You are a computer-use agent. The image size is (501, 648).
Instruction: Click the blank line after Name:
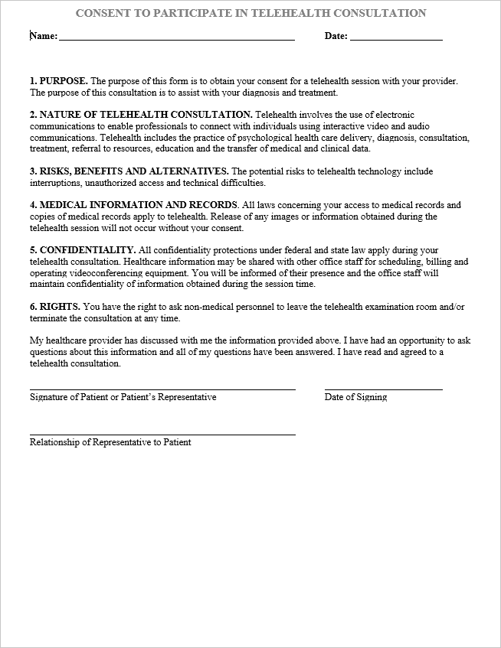coord(176,37)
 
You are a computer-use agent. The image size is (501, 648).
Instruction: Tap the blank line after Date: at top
coord(395,37)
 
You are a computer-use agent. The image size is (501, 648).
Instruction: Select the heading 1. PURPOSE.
coord(58,80)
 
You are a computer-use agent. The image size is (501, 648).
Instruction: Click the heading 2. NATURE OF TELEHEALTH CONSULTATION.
coord(140,114)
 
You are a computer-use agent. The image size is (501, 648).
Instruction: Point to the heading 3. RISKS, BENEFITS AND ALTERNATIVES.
coord(129,171)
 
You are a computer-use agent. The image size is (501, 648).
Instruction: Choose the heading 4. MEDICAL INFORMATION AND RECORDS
coord(133,205)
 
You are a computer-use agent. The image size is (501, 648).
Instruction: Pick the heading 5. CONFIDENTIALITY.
coord(83,250)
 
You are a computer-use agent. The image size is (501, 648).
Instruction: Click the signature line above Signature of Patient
coord(162,389)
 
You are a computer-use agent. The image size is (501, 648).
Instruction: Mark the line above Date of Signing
coord(383,389)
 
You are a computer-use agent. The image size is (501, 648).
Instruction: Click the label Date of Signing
coord(355,398)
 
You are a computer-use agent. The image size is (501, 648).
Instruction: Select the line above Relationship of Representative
coord(162,435)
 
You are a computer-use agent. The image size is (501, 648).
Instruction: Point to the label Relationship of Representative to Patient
coord(110,443)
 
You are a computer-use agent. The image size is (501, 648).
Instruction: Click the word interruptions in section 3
coord(53,184)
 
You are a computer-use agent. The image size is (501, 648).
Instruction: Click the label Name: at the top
coord(44,36)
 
